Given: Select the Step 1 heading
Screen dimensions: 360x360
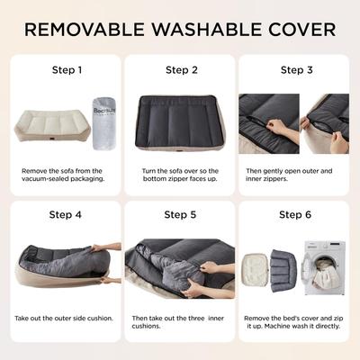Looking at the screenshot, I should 67,69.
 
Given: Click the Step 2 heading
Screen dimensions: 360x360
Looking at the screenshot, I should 179,69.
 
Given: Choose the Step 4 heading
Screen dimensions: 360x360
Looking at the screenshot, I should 67,215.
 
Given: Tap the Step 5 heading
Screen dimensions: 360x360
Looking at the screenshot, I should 179,215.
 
